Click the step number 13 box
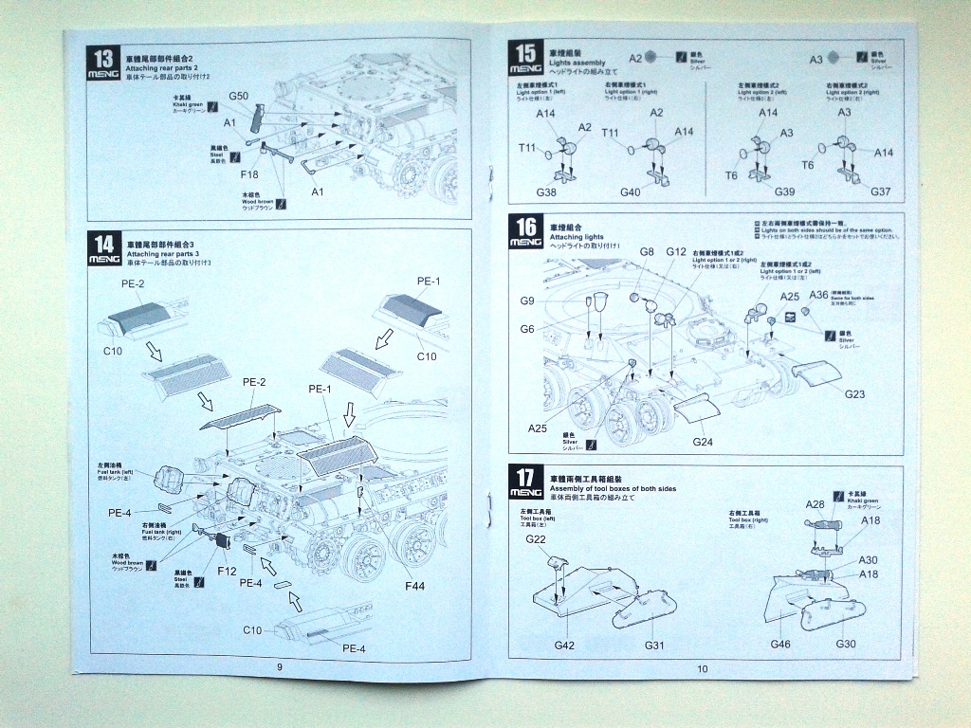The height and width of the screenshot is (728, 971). coord(103,63)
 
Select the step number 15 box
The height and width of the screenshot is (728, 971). coord(523,58)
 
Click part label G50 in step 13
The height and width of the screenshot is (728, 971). coord(238,97)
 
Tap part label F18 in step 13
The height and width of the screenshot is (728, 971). coord(249,174)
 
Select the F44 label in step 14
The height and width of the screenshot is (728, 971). coord(414,587)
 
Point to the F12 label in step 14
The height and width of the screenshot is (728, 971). coord(227,572)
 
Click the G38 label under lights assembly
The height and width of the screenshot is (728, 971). coord(546,192)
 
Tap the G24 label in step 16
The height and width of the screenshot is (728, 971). coord(702,441)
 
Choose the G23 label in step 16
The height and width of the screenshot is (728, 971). coord(854,393)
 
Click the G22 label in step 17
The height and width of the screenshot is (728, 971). coord(536,539)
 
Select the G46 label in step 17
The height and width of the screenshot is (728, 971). coord(780,645)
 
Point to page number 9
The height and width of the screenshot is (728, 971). coord(280,666)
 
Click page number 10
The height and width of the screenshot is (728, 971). coord(703,669)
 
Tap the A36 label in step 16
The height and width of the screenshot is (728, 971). coord(819,296)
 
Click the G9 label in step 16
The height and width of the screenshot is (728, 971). coord(528,300)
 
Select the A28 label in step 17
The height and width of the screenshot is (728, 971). coord(815,504)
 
